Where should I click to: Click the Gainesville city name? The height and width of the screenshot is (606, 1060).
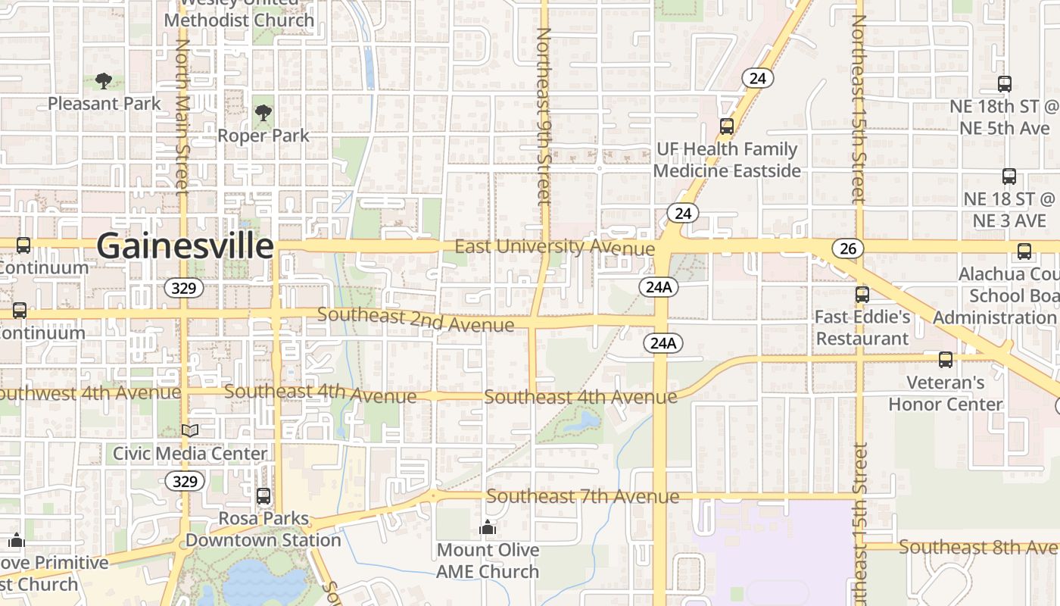click(185, 246)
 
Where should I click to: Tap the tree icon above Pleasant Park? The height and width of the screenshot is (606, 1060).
click(104, 81)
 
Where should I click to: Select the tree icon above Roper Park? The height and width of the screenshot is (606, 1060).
click(263, 114)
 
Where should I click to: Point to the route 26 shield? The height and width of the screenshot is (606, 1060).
click(847, 248)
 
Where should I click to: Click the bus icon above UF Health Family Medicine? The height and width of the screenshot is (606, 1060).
click(727, 127)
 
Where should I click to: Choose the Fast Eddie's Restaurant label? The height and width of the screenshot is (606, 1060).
click(862, 327)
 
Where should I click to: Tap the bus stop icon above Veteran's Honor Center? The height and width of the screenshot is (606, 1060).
click(945, 360)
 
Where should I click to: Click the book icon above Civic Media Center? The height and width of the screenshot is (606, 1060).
click(189, 431)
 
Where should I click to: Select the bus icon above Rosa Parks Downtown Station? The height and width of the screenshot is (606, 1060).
click(263, 497)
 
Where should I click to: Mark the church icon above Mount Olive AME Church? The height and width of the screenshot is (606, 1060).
click(488, 527)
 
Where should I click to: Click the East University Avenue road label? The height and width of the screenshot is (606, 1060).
click(554, 248)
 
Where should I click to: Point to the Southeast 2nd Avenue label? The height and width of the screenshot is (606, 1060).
click(416, 319)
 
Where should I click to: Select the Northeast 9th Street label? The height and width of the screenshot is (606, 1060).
click(544, 115)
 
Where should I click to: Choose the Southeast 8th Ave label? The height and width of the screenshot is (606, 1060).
click(978, 547)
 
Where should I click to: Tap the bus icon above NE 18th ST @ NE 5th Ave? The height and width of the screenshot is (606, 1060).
click(1005, 84)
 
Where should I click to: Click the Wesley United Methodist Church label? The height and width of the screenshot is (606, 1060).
click(238, 14)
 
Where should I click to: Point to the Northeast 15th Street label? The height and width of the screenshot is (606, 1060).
click(859, 110)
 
